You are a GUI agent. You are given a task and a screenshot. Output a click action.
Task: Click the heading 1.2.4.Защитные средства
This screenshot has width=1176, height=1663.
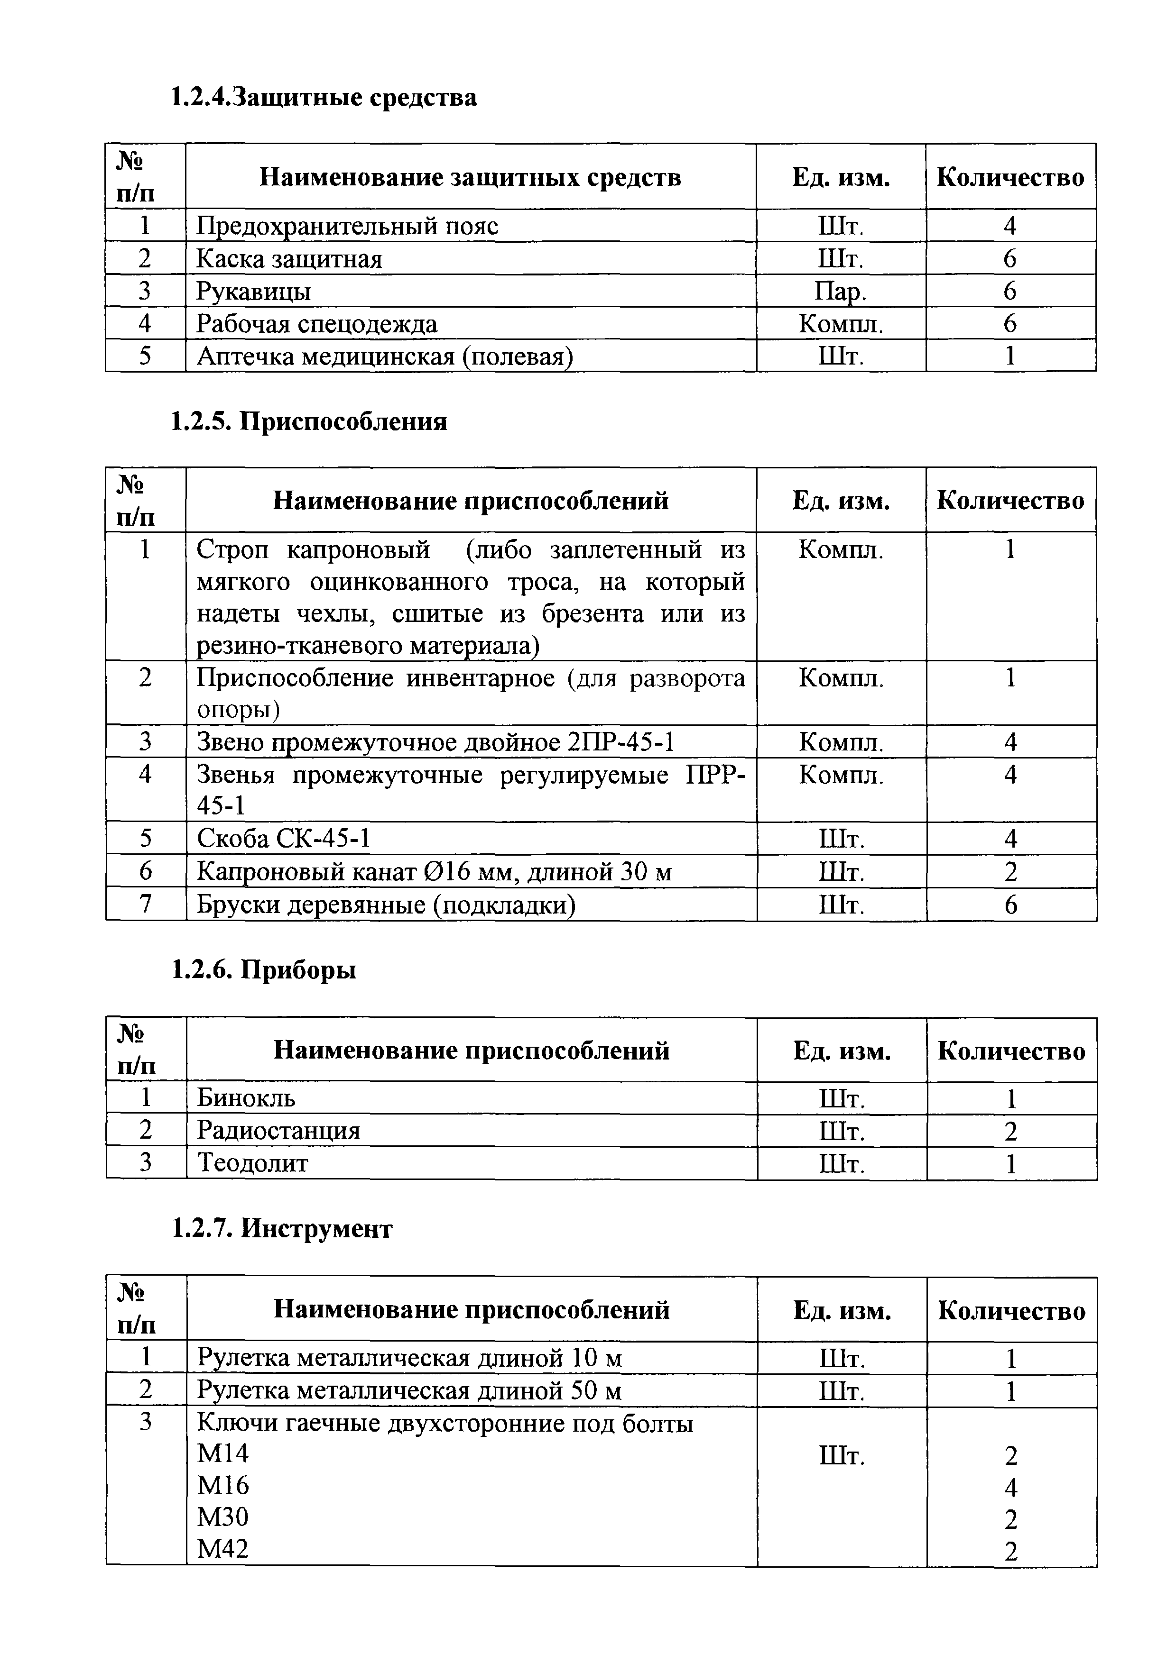[x=323, y=96]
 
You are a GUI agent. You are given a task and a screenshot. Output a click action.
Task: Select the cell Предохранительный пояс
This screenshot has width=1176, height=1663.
[x=347, y=226]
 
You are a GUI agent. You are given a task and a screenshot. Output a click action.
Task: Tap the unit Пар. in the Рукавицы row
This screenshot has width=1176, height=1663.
[x=841, y=291]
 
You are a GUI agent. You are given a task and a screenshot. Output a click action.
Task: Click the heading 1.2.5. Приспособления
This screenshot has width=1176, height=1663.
[x=309, y=421]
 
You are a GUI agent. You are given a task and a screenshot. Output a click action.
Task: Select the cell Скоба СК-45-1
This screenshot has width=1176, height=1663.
[x=283, y=839]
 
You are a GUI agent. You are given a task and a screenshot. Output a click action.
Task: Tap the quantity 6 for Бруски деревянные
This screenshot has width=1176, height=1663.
[x=1011, y=905]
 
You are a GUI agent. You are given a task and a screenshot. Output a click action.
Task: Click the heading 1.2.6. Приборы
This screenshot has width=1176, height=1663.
[x=264, y=969]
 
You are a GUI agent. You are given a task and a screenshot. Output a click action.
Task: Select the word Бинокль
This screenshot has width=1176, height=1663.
[x=246, y=1098]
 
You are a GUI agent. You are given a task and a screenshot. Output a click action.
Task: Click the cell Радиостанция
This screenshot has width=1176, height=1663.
[x=278, y=1131]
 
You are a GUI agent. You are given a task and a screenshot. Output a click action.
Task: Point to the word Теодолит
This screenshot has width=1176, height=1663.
[x=252, y=1163]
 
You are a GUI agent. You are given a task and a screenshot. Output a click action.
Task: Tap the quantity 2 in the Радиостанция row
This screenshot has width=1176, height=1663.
[x=1011, y=1131]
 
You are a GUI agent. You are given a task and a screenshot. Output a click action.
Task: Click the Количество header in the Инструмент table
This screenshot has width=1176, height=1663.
[x=1011, y=1310]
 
